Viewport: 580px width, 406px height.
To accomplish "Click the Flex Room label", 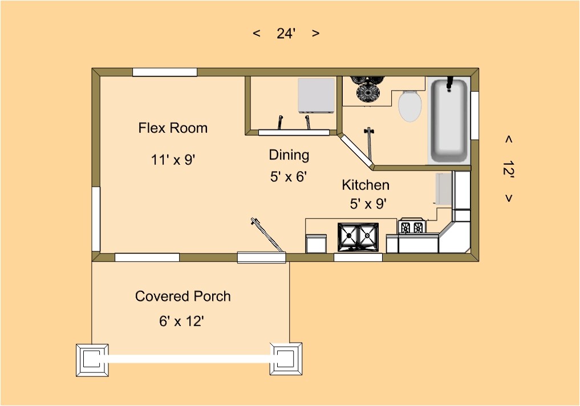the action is point(173,128).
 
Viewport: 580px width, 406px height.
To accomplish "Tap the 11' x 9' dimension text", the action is point(173,160).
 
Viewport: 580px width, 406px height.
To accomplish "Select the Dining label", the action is point(289,155).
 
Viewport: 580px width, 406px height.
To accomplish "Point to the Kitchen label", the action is point(366,185).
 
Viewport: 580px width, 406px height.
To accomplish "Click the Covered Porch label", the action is point(182,296).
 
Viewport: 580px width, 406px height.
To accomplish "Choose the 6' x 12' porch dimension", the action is point(181,321).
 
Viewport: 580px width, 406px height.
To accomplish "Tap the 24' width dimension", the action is point(286,34).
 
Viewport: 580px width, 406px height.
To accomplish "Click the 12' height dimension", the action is point(509,169).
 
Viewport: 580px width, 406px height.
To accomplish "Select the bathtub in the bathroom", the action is point(449,120).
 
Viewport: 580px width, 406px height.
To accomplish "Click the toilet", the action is point(410,105).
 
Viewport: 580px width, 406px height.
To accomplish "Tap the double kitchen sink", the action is point(358,237).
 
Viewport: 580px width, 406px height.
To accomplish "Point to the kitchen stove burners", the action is point(412,226).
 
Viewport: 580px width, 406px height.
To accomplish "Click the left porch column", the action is point(92,360).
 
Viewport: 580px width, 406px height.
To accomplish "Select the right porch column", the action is point(286,359).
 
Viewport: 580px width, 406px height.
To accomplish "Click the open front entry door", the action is point(266,235).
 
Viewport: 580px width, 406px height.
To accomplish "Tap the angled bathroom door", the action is point(356,152).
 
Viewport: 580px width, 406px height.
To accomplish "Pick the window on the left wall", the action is point(96,219).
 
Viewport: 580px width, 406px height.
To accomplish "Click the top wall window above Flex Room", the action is point(165,72).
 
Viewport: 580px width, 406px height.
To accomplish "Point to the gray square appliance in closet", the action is point(317,95).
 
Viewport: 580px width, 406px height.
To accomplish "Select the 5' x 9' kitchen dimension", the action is point(368,204).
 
